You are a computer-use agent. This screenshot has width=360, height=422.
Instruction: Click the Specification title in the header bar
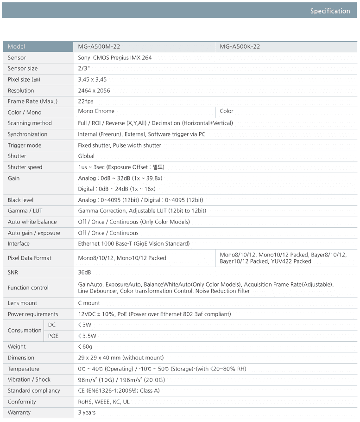[330, 11]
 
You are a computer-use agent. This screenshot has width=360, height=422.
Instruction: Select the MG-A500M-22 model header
[99, 46]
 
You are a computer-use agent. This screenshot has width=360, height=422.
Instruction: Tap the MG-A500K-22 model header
[240, 46]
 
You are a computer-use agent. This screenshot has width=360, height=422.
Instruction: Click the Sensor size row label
[23, 69]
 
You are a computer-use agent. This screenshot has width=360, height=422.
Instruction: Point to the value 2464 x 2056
[94, 90]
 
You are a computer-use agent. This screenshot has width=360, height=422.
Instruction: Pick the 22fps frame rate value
[86, 101]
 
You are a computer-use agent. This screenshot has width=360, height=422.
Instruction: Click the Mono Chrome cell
[96, 111]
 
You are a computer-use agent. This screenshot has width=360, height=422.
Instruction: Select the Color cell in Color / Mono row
[227, 111]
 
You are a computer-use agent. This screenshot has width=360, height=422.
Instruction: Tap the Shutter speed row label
[25, 167]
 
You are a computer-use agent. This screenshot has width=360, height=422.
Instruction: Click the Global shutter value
[86, 156]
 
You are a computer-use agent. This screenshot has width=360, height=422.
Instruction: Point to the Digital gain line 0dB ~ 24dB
[117, 189]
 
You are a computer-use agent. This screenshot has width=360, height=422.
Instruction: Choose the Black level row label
[21, 200]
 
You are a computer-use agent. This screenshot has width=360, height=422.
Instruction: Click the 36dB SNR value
[84, 272]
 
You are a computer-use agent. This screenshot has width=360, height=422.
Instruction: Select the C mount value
[89, 303]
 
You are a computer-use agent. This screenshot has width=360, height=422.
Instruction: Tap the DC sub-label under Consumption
[52, 325]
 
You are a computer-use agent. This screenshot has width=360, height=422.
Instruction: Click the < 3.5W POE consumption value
[87, 336]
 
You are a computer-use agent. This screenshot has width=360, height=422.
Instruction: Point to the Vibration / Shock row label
[29, 379]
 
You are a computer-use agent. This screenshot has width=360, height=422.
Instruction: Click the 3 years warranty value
[87, 412]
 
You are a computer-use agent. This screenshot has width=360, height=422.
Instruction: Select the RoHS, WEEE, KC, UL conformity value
[104, 402]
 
